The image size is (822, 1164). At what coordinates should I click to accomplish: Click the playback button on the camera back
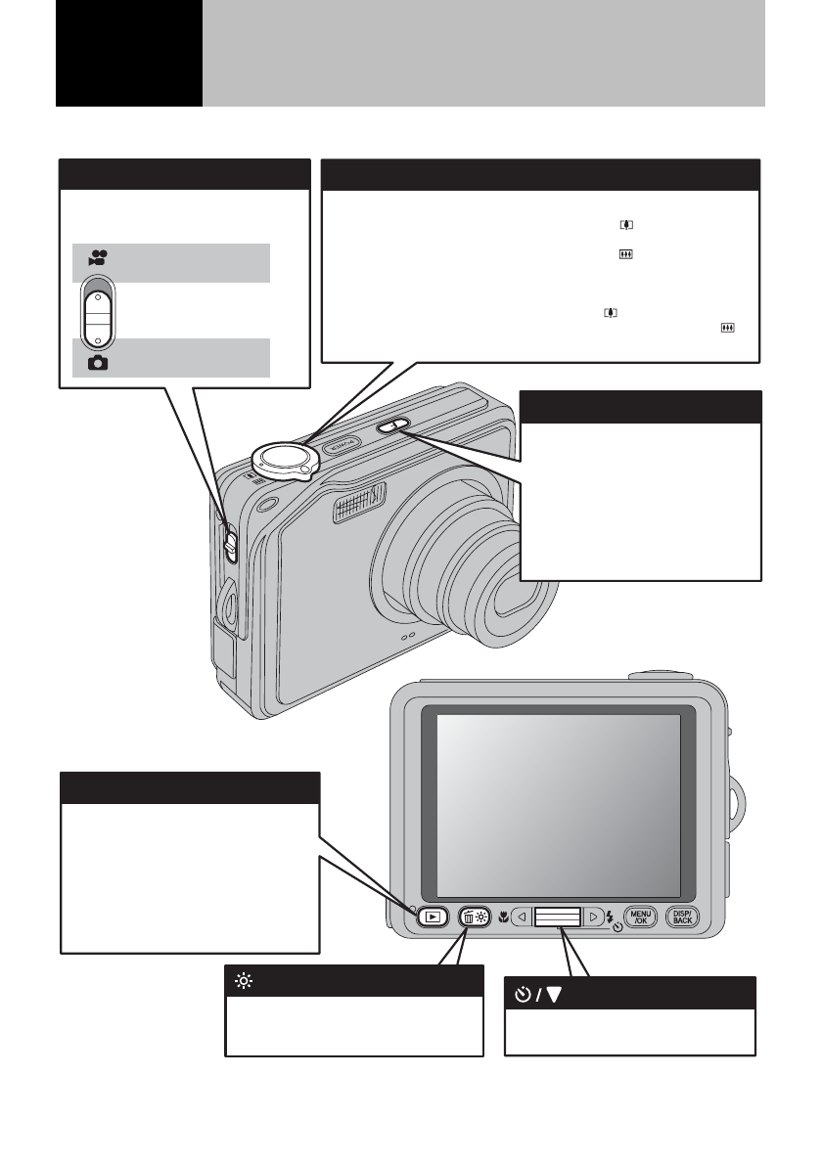click(432, 918)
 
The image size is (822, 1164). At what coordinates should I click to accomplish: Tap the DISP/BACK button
click(682, 917)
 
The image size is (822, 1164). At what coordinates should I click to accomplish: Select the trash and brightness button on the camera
click(473, 918)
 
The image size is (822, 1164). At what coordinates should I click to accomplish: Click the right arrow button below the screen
click(593, 918)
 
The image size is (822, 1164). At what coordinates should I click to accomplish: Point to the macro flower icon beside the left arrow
click(503, 918)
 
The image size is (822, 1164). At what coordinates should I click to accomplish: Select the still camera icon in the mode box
click(98, 362)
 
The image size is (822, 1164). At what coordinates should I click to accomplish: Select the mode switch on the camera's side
click(230, 542)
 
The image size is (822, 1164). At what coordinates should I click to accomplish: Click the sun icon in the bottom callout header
click(241, 980)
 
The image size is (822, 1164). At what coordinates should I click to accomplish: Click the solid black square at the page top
click(129, 54)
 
